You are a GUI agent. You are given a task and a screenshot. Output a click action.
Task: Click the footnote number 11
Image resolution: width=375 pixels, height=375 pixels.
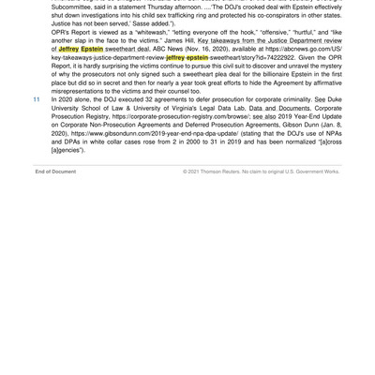[36, 97]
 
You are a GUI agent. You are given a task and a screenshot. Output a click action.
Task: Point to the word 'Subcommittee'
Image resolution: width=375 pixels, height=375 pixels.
[68, 5]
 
